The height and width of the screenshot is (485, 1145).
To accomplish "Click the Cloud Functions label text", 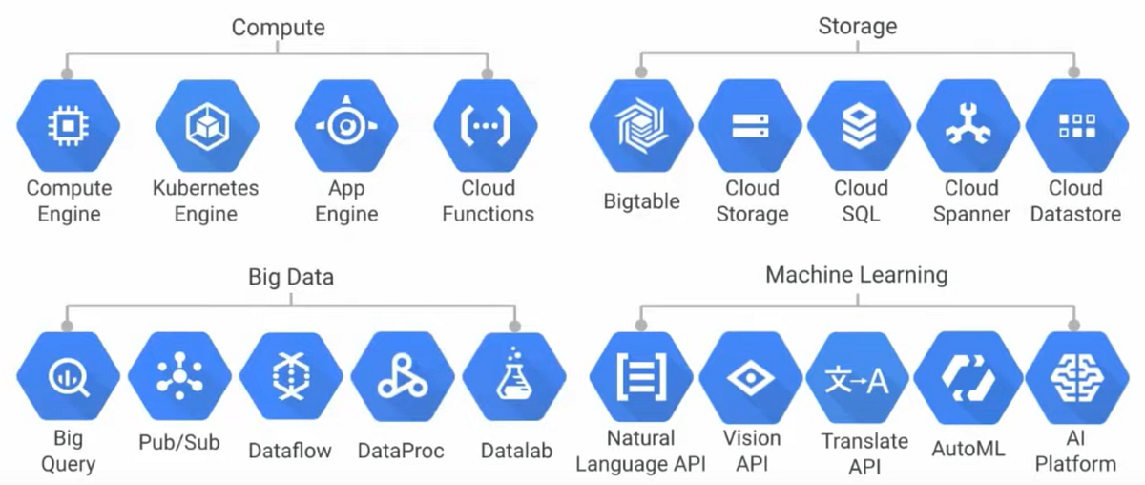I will [x=488, y=200].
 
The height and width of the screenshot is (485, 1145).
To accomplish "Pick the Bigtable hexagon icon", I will [x=641, y=125].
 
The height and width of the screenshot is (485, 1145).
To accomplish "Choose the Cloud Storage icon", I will [x=751, y=125].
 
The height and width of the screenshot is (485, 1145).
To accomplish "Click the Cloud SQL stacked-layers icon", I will [x=860, y=125].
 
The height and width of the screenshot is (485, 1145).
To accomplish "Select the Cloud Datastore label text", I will [x=1076, y=200].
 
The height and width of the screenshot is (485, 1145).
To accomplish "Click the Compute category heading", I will [x=278, y=27].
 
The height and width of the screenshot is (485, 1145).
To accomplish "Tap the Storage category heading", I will [x=857, y=26].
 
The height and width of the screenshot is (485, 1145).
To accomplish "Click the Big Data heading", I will [x=291, y=277].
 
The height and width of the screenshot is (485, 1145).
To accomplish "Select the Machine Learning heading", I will [x=857, y=276].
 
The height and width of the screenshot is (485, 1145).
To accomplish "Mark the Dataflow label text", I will [x=289, y=450].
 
